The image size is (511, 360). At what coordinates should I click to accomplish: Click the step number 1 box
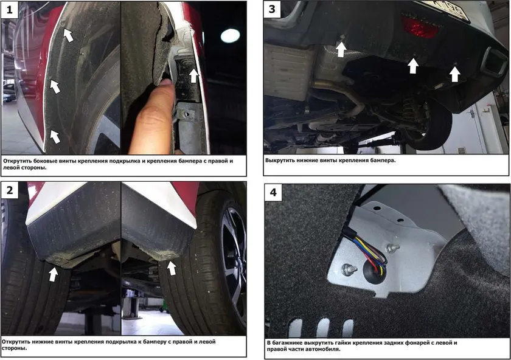click(x=10, y=10)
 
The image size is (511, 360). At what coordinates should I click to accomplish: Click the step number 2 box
click(x=10, y=190)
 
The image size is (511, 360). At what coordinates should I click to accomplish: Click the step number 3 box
click(x=272, y=9)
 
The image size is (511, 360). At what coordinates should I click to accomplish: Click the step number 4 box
click(x=273, y=193)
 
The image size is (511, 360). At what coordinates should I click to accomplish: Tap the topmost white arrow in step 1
click(x=68, y=35)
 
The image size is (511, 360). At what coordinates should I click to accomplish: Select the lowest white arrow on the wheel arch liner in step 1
click(x=55, y=136)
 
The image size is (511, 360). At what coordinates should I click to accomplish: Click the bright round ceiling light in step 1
click(x=230, y=35)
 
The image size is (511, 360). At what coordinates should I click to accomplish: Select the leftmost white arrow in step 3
click(x=341, y=49)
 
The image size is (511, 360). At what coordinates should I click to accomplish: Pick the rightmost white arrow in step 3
click(x=454, y=74)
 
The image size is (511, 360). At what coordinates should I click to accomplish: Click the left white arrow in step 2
click(x=53, y=274)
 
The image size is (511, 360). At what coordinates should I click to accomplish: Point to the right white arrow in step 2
click(x=172, y=268)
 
